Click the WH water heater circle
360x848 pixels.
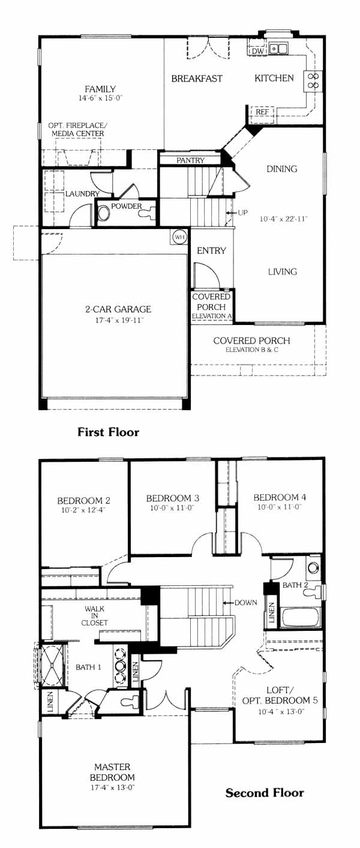pos(179,237)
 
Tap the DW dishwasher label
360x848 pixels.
pos(257,51)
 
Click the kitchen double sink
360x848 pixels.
pos(278,49)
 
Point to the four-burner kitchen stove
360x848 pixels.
pos(313,80)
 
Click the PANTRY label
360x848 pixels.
pos(190,161)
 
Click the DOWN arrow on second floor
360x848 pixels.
pos(228,602)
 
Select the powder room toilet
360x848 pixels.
pos(148,211)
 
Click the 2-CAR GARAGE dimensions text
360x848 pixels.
pos(119,320)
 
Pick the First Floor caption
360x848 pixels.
pos(109,432)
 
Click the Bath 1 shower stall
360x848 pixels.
pos(53,666)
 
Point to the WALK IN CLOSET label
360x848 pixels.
pos(94,616)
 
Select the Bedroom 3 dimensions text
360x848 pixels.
pos(172,508)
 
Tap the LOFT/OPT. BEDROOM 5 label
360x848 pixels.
pos(280,694)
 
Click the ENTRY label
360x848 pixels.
pos(211,251)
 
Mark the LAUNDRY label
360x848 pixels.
pos(82,194)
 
